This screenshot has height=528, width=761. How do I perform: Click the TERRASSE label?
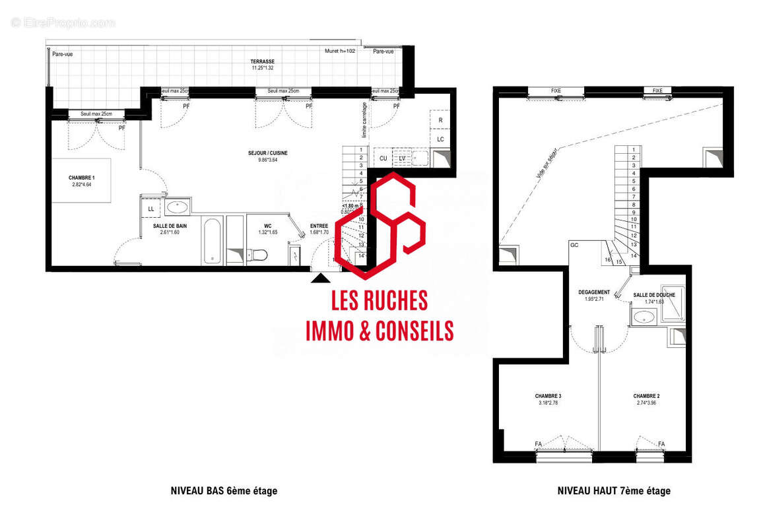pyautogui.click(x=262, y=61)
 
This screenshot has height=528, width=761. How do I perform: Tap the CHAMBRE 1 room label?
pyautogui.click(x=82, y=178)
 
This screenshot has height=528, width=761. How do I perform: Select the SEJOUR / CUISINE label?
pyautogui.click(x=267, y=153)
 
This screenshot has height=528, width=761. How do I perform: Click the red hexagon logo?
pyautogui.click(x=380, y=224)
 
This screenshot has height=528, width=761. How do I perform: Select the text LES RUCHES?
pyautogui.click(x=379, y=301)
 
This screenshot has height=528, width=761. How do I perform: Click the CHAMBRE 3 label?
pyautogui.click(x=548, y=396)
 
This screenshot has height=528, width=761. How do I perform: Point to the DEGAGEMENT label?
pyautogui.click(x=594, y=292)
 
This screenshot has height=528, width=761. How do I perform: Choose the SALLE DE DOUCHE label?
pyautogui.click(x=654, y=295)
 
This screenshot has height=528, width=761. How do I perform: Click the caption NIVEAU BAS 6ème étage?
pyautogui.click(x=224, y=491)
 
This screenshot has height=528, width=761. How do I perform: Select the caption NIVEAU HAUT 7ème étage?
pyautogui.click(x=614, y=491)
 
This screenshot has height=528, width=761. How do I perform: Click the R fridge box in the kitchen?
pyautogui.click(x=440, y=121)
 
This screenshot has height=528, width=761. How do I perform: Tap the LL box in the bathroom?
pyautogui.click(x=150, y=209)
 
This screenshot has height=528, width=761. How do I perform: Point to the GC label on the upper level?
pyautogui.click(x=574, y=245)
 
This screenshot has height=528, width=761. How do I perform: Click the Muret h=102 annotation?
pyautogui.click(x=341, y=51)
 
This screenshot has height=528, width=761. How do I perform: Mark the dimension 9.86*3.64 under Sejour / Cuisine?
pyautogui.click(x=267, y=160)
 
